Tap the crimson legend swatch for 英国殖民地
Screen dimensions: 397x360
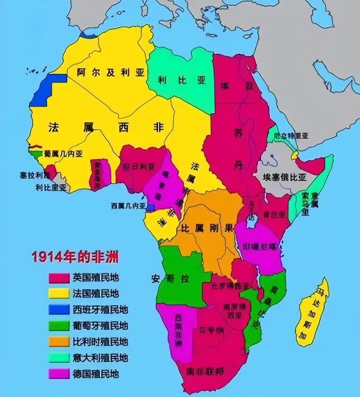59,278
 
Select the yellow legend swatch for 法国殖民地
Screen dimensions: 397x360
59,294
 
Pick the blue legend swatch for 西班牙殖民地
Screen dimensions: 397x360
59,309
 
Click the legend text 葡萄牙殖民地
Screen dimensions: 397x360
100,326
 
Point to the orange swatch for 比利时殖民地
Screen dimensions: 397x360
59,342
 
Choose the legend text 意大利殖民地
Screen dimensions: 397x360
100,358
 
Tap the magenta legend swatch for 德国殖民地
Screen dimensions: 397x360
59,374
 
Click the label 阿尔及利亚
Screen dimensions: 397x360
111,73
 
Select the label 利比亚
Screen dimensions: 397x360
182,80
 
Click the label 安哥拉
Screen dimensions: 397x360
170,278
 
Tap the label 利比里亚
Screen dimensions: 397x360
51,187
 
